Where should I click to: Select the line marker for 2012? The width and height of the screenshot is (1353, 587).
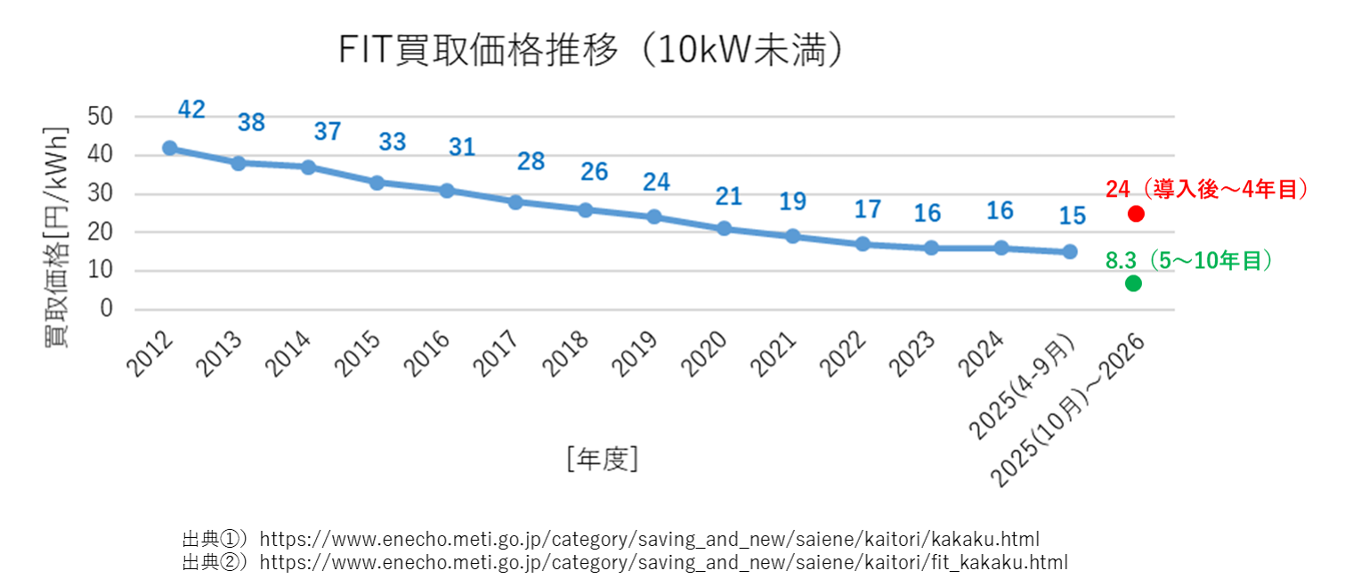click(169, 148)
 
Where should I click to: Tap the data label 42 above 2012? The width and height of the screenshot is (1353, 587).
click(191, 110)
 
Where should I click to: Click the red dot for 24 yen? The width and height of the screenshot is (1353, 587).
click(1135, 214)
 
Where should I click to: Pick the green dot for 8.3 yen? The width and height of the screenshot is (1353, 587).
click(1132, 283)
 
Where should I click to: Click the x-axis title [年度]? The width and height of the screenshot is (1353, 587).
click(602, 459)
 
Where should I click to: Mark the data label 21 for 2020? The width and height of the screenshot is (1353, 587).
click(728, 196)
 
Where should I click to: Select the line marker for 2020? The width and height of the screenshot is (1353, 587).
click(724, 229)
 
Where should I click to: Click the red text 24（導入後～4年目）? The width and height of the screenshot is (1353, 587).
click(1206, 189)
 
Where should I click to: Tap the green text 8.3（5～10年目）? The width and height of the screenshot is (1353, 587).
click(1188, 260)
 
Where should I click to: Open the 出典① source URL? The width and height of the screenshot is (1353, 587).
click(649, 539)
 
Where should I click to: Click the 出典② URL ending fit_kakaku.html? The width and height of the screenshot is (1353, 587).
click(663, 562)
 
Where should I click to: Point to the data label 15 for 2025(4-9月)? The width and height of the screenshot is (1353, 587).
click(1072, 216)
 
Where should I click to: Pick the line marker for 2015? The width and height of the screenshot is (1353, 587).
click(377, 183)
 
